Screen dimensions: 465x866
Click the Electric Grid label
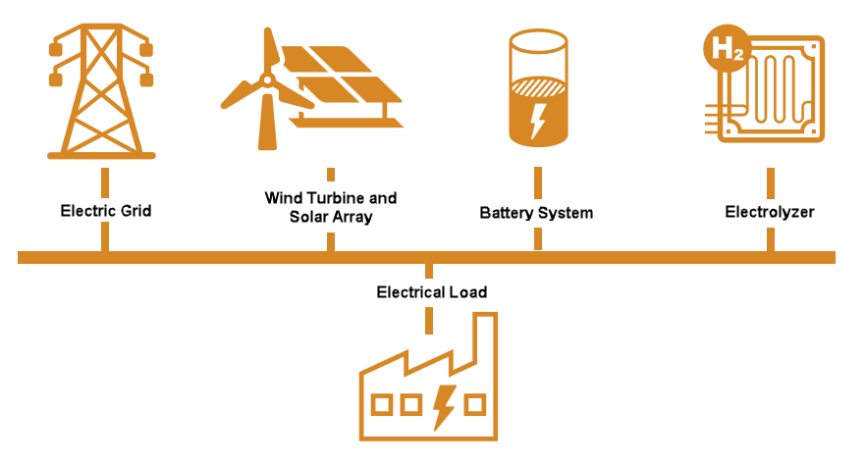point(106,210)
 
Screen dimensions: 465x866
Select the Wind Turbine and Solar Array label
point(331,207)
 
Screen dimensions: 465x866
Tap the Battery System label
point(536,212)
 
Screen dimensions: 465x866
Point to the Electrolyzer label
point(770,211)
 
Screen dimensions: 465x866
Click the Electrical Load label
point(431,292)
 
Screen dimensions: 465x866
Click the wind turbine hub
point(262,79)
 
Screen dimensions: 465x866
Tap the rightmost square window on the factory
point(475,403)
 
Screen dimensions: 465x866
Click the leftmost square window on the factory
point(382,403)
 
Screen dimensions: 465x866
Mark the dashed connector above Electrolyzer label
point(770,182)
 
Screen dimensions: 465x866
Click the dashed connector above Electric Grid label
point(105,182)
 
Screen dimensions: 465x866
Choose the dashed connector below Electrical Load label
point(429,320)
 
